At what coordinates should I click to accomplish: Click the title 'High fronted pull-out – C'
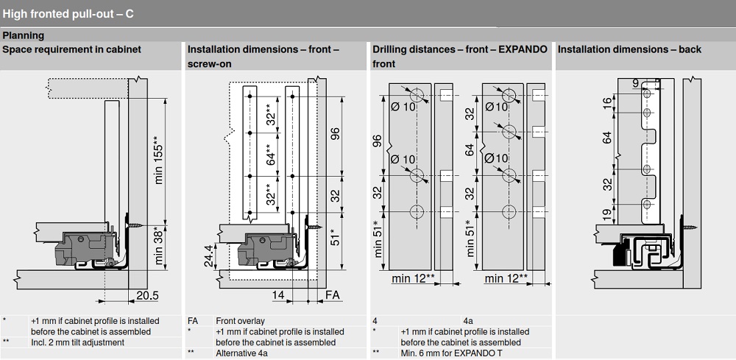(x=68, y=13)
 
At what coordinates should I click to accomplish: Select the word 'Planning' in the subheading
(x=23, y=35)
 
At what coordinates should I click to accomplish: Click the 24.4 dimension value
(x=208, y=254)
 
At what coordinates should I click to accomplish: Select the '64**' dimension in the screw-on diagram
(x=271, y=157)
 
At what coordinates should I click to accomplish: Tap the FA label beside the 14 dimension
(x=333, y=295)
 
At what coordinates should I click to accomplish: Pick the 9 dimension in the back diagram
(x=636, y=83)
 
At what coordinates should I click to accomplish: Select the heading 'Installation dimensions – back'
(x=629, y=49)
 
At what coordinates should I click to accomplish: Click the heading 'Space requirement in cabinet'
(x=72, y=49)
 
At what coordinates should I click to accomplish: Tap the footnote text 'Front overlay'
(x=240, y=321)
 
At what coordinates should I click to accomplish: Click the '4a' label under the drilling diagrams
(x=468, y=321)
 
